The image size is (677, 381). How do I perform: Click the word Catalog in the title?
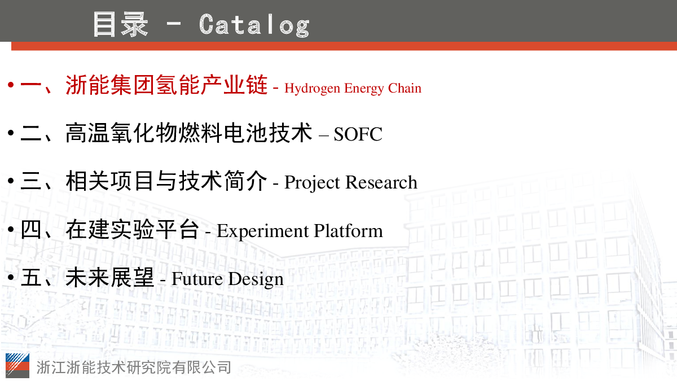point(254,25)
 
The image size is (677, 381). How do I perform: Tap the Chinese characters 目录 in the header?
point(121,24)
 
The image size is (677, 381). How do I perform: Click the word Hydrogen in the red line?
point(312,89)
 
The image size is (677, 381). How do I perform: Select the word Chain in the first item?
point(405,88)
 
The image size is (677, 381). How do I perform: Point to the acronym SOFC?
point(358,134)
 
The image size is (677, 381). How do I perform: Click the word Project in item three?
point(312,183)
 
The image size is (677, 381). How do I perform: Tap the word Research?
point(381,182)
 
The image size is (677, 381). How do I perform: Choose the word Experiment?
point(263,231)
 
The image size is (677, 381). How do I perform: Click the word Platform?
point(348,231)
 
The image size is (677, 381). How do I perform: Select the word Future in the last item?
point(197,279)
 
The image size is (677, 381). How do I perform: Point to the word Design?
point(256,279)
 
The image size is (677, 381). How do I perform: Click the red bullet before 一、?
point(11,85)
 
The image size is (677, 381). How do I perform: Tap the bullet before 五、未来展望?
point(11,277)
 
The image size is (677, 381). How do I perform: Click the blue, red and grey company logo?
point(17,365)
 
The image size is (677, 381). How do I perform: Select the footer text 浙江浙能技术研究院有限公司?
point(134,367)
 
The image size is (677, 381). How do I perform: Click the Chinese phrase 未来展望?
point(109,277)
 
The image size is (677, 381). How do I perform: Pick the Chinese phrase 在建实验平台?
point(132,230)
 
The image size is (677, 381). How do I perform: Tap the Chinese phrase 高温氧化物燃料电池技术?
point(188,133)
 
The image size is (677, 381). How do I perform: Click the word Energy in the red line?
point(364,89)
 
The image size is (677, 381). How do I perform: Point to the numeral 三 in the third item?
point(31,181)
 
